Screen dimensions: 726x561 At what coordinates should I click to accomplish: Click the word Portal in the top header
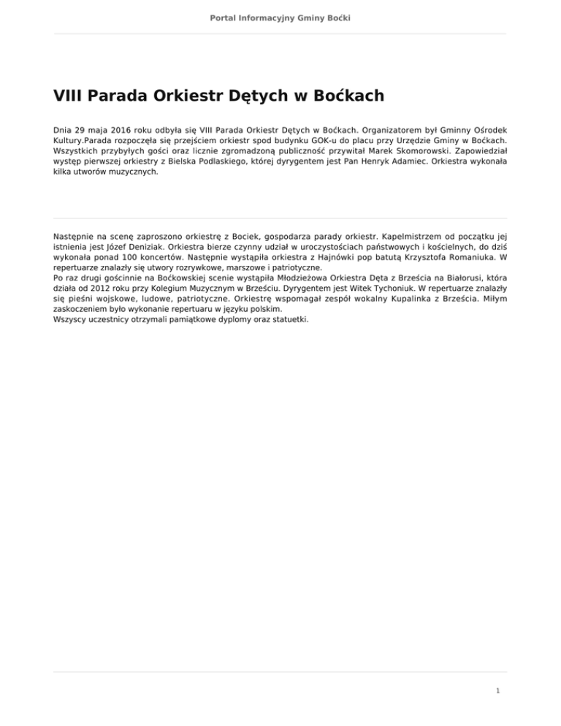tap(224, 16)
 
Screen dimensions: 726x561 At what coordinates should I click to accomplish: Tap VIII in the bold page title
tap(71, 96)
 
